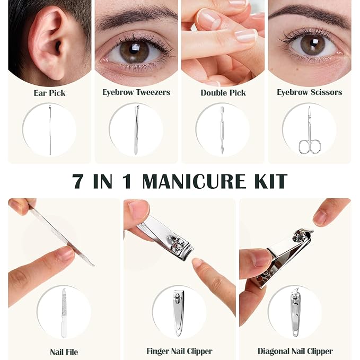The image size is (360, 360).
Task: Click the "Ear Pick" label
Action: (x=49, y=93)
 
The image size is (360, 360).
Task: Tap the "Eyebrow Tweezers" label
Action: (x=136, y=92)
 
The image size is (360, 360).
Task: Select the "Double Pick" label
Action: (x=223, y=93)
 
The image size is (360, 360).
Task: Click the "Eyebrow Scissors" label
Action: (x=309, y=92)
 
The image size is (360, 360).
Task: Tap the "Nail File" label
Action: (x=64, y=352)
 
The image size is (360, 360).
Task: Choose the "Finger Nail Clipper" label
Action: (x=179, y=351)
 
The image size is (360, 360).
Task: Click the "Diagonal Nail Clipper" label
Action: (x=295, y=351)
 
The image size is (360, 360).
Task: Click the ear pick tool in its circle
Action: (x=49, y=130)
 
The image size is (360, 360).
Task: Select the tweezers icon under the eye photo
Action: (x=136, y=130)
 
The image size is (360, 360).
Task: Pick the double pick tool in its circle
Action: (x=223, y=130)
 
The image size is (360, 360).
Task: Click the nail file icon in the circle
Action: (x=64, y=313)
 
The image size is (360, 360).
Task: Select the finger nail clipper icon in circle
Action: (x=179, y=313)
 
